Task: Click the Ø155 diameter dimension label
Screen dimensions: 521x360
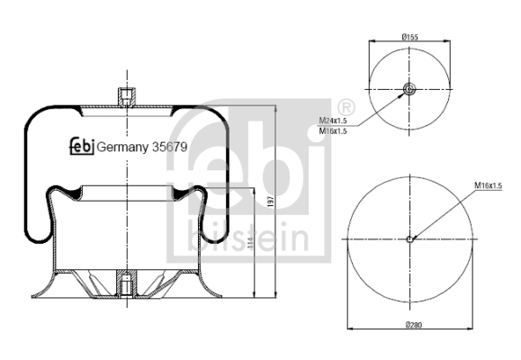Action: coord(409,37)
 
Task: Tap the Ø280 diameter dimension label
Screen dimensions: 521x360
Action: coord(414,324)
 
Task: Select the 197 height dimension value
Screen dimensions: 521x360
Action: coord(271,202)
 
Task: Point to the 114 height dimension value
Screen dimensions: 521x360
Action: coord(250,243)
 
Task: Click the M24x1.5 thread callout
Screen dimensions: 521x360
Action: coord(333,121)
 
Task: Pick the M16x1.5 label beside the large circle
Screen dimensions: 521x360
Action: coord(488,185)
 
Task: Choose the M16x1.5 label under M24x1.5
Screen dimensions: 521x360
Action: coord(333,131)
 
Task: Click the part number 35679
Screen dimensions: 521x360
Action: coord(169,147)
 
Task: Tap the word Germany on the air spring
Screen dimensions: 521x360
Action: coord(122,148)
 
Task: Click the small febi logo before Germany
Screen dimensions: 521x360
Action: coord(82,146)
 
